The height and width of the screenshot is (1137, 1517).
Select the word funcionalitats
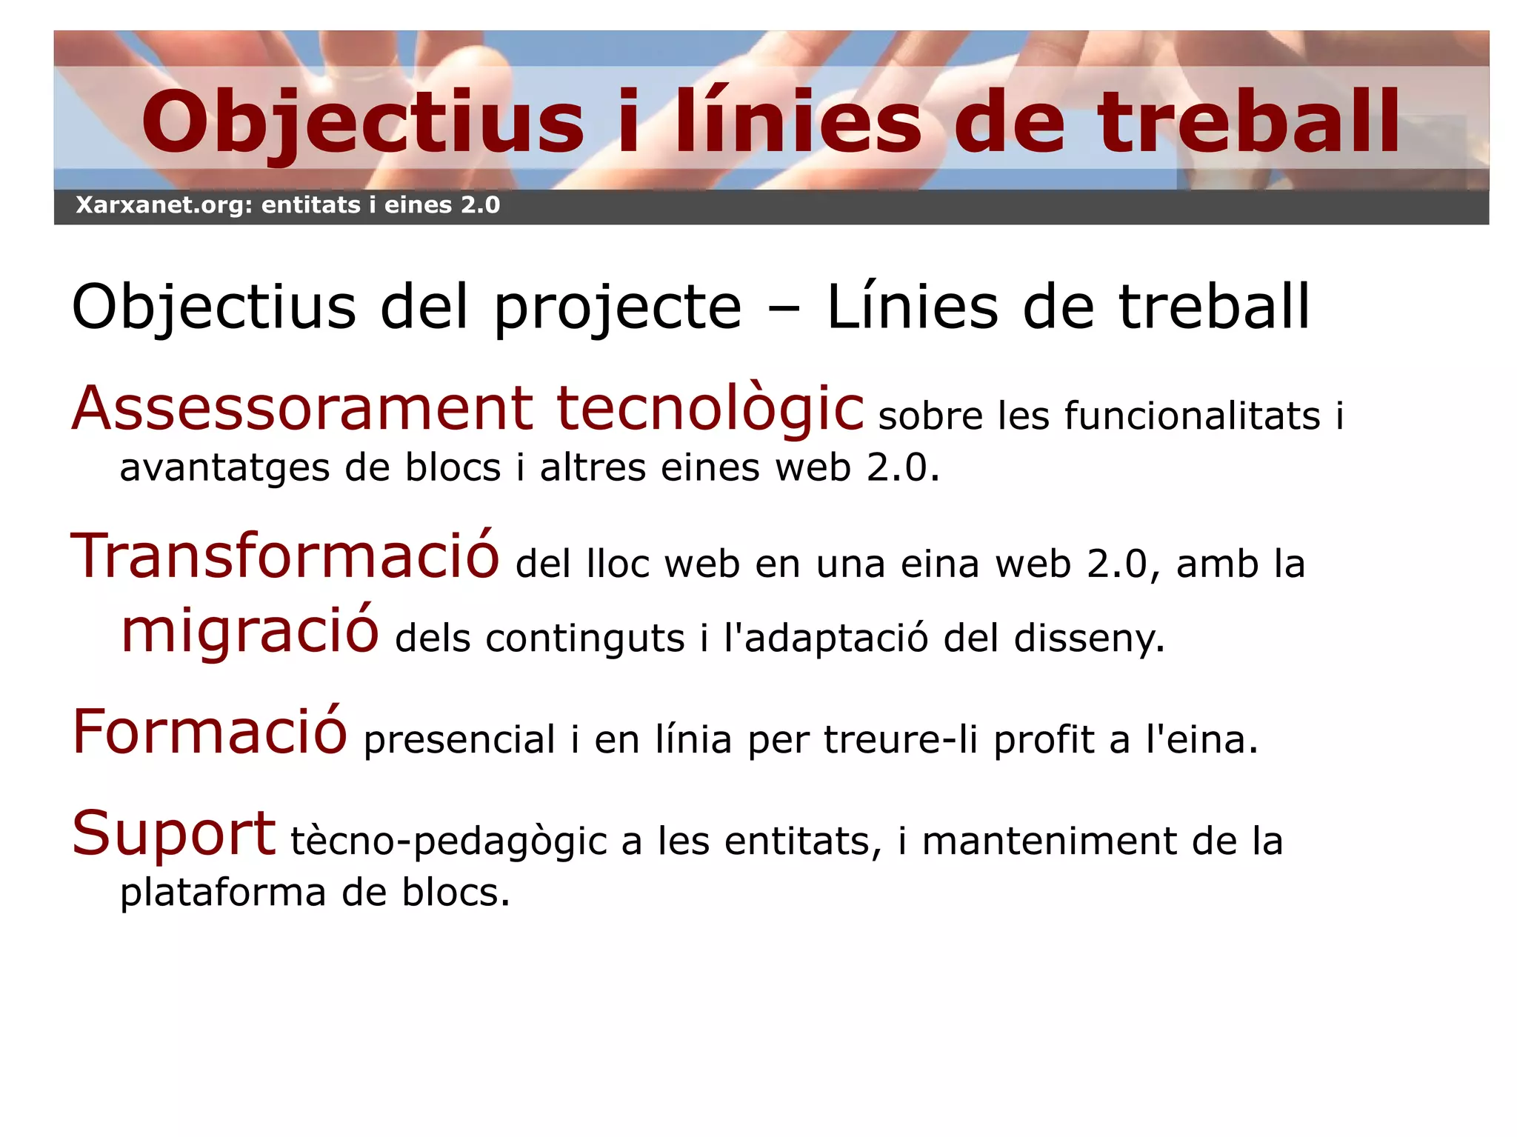[1192, 416]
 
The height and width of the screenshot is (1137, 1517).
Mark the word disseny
[1089, 638]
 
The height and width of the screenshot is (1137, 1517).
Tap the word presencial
[459, 740]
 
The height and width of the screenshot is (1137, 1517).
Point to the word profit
[1043, 740]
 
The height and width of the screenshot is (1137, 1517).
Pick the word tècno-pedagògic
[449, 842]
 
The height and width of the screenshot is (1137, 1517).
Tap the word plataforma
[223, 893]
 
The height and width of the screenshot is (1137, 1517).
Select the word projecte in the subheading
[618, 307]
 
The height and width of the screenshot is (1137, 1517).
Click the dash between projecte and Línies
[784, 308]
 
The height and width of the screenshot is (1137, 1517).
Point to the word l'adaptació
[826, 638]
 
